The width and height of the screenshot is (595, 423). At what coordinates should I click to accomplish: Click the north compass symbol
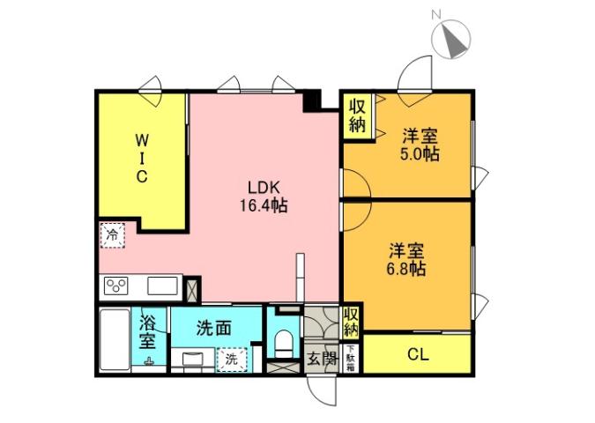(x=455, y=39)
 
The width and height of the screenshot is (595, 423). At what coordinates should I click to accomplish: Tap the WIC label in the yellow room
(x=141, y=158)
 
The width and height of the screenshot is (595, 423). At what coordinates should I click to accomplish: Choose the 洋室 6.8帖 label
(x=408, y=258)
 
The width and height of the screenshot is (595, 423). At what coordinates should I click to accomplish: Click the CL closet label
(x=418, y=355)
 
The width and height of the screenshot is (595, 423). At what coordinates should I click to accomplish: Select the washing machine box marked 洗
(x=231, y=360)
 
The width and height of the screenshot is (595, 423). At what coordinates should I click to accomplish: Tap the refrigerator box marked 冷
(x=112, y=234)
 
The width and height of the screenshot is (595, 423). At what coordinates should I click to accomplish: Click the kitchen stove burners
(x=117, y=286)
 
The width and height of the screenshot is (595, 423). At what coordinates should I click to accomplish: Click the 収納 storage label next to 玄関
(x=352, y=322)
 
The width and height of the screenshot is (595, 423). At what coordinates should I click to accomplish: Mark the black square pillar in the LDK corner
(x=310, y=100)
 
